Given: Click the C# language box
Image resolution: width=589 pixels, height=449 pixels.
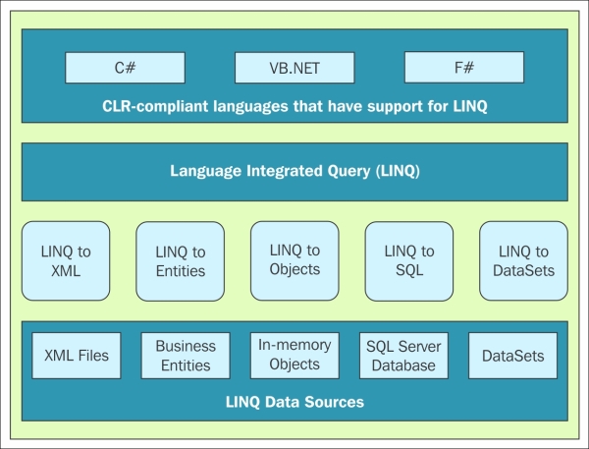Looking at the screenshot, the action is (x=125, y=68).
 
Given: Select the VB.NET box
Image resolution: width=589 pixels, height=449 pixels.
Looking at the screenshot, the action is (x=294, y=68).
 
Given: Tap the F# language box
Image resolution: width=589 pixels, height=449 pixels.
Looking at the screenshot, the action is (x=464, y=68).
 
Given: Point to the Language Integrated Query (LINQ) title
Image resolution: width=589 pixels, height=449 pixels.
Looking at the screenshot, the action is (x=294, y=171).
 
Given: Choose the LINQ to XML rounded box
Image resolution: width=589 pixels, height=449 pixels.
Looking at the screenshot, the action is (x=66, y=261).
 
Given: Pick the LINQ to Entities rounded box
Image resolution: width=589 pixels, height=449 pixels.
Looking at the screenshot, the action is (x=181, y=261).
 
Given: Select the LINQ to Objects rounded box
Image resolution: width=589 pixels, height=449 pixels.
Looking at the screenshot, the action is (x=294, y=261).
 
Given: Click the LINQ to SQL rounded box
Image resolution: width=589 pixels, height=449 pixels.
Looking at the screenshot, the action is (x=409, y=261).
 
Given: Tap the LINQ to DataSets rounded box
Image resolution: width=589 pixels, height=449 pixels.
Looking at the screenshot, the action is (x=523, y=261).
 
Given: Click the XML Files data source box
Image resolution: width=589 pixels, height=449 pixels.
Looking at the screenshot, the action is (x=77, y=356).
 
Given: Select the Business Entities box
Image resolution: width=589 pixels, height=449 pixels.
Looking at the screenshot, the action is (x=186, y=356).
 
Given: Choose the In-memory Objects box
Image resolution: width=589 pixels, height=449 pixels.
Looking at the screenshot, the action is (x=294, y=356).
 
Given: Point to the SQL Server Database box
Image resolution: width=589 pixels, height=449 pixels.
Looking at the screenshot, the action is (x=403, y=356).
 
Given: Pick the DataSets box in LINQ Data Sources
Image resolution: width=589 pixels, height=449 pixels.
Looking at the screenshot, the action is (x=513, y=356).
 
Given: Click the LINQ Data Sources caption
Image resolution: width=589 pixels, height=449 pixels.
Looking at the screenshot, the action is (x=294, y=402).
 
